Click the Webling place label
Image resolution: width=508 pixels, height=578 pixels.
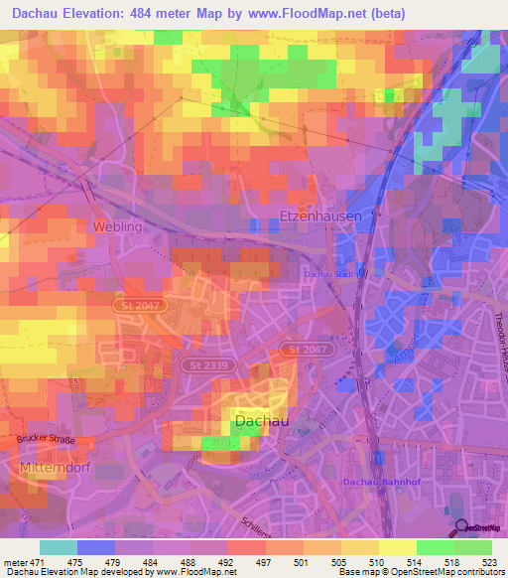tap(118, 226)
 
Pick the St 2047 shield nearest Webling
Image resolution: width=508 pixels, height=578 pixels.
tap(134, 306)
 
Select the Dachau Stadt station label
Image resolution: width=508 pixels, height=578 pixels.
tap(329, 273)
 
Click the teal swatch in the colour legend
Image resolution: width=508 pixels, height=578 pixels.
tap(59, 547)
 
